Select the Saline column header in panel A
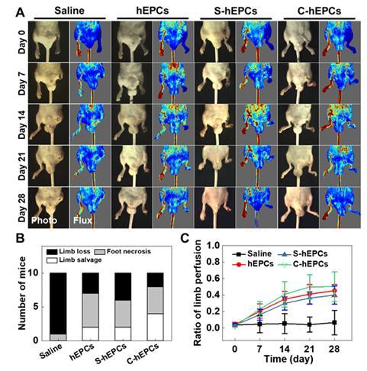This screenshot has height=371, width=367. tap(66, 10)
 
